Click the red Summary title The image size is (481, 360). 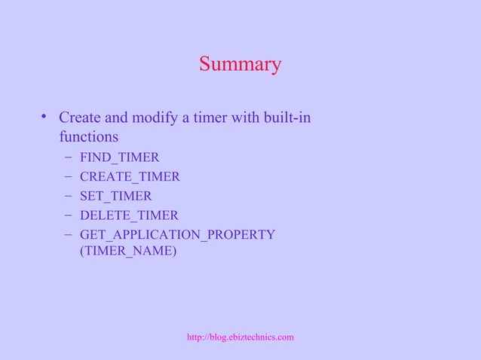click(x=240, y=65)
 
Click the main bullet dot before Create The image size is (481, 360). click(x=45, y=117)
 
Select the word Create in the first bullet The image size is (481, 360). click(x=78, y=118)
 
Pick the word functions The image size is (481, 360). click(x=88, y=138)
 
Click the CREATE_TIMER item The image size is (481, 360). click(x=129, y=177)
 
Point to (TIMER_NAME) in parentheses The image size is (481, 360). click(x=127, y=252)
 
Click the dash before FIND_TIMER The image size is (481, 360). click(x=69, y=157)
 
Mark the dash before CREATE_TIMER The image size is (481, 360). click(x=69, y=177)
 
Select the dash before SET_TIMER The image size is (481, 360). click(x=69, y=197)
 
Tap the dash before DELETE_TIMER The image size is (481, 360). click(x=69, y=216)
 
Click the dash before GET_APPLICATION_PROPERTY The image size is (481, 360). click(x=69, y=235)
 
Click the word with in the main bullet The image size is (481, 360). click(x=241, y=118)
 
